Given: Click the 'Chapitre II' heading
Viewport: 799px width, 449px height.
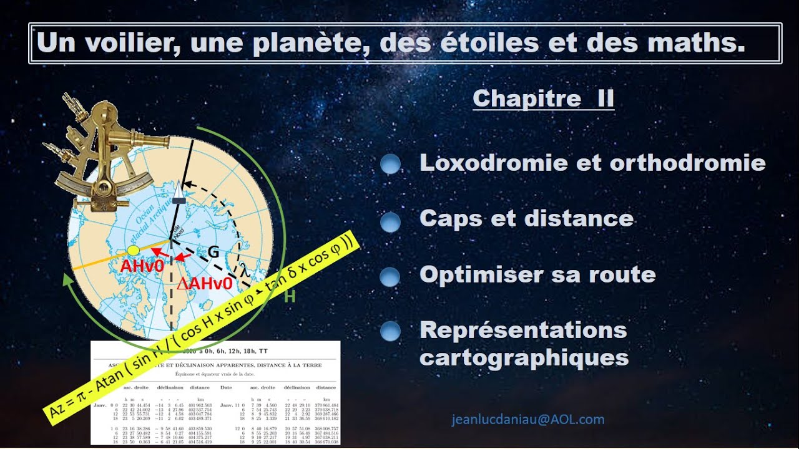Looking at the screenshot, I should click(x=543, y=99).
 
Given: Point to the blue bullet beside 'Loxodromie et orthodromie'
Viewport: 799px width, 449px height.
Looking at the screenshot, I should click(x=390, y=164).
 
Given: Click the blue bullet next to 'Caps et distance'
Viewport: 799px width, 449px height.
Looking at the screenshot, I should click(x=390, y=221).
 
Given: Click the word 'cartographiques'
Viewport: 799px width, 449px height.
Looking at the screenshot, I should click(x=524, y=357).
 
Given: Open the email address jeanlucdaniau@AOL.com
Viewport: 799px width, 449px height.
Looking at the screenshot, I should click(x=528, y=420).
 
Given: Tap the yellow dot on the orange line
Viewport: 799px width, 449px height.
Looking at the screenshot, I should click(x=133, y=250).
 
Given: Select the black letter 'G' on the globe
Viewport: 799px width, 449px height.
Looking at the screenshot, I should click(x=213, y=253).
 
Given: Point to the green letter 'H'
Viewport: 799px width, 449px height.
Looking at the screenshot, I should click(x=290, y=297).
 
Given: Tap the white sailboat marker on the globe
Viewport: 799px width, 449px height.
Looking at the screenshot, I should click(x=179, y=190).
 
